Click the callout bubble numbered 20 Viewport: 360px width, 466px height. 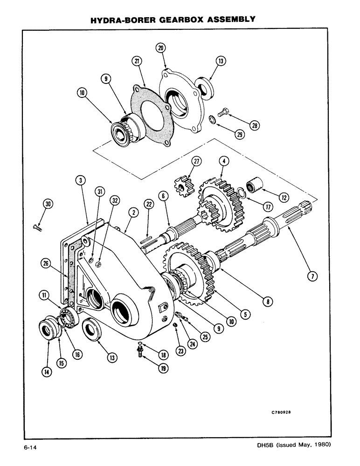click(x=161, y=48)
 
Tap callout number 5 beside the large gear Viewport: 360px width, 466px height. click(x=243, y=315)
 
